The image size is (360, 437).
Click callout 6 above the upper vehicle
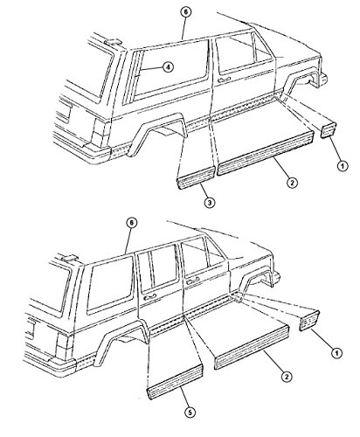(186, 12)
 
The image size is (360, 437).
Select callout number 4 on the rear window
(168, 67)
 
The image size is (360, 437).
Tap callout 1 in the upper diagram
(343, 166)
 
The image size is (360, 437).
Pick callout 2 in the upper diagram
(292, 183)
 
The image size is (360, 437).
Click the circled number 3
(210, 202)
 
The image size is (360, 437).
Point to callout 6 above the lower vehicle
(131, 223)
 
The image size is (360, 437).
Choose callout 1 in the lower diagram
(336, 353)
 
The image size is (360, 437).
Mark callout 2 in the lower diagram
(287, 377)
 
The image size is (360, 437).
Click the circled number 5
(190, 413)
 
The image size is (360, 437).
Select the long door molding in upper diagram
(266, 153)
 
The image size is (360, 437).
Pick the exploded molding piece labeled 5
(176, 381)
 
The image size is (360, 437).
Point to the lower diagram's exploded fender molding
(310, 320)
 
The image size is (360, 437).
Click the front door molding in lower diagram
(252, 346)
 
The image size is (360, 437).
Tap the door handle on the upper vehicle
(225, 79)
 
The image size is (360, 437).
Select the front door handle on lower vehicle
(192, 281)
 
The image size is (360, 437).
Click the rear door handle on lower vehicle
(149, 296)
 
